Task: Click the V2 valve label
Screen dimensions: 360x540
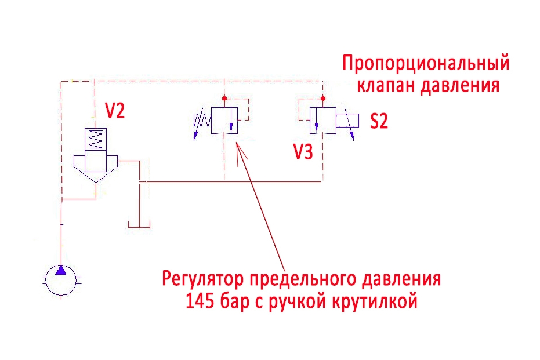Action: click(x=114, y=111)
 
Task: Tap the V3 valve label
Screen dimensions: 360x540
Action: click(x=304, y=152)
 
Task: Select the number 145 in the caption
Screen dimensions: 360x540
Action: click(x=198, y=301)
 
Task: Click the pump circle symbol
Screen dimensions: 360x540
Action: click(x=60, y=281)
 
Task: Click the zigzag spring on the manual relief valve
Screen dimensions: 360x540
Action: click(x=201, y=121)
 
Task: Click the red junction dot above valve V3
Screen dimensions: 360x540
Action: click(x=323, y=98)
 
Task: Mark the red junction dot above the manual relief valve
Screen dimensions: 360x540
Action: click(x=224, y=98)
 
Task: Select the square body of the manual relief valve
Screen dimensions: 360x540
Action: click(x=224, y=121)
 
